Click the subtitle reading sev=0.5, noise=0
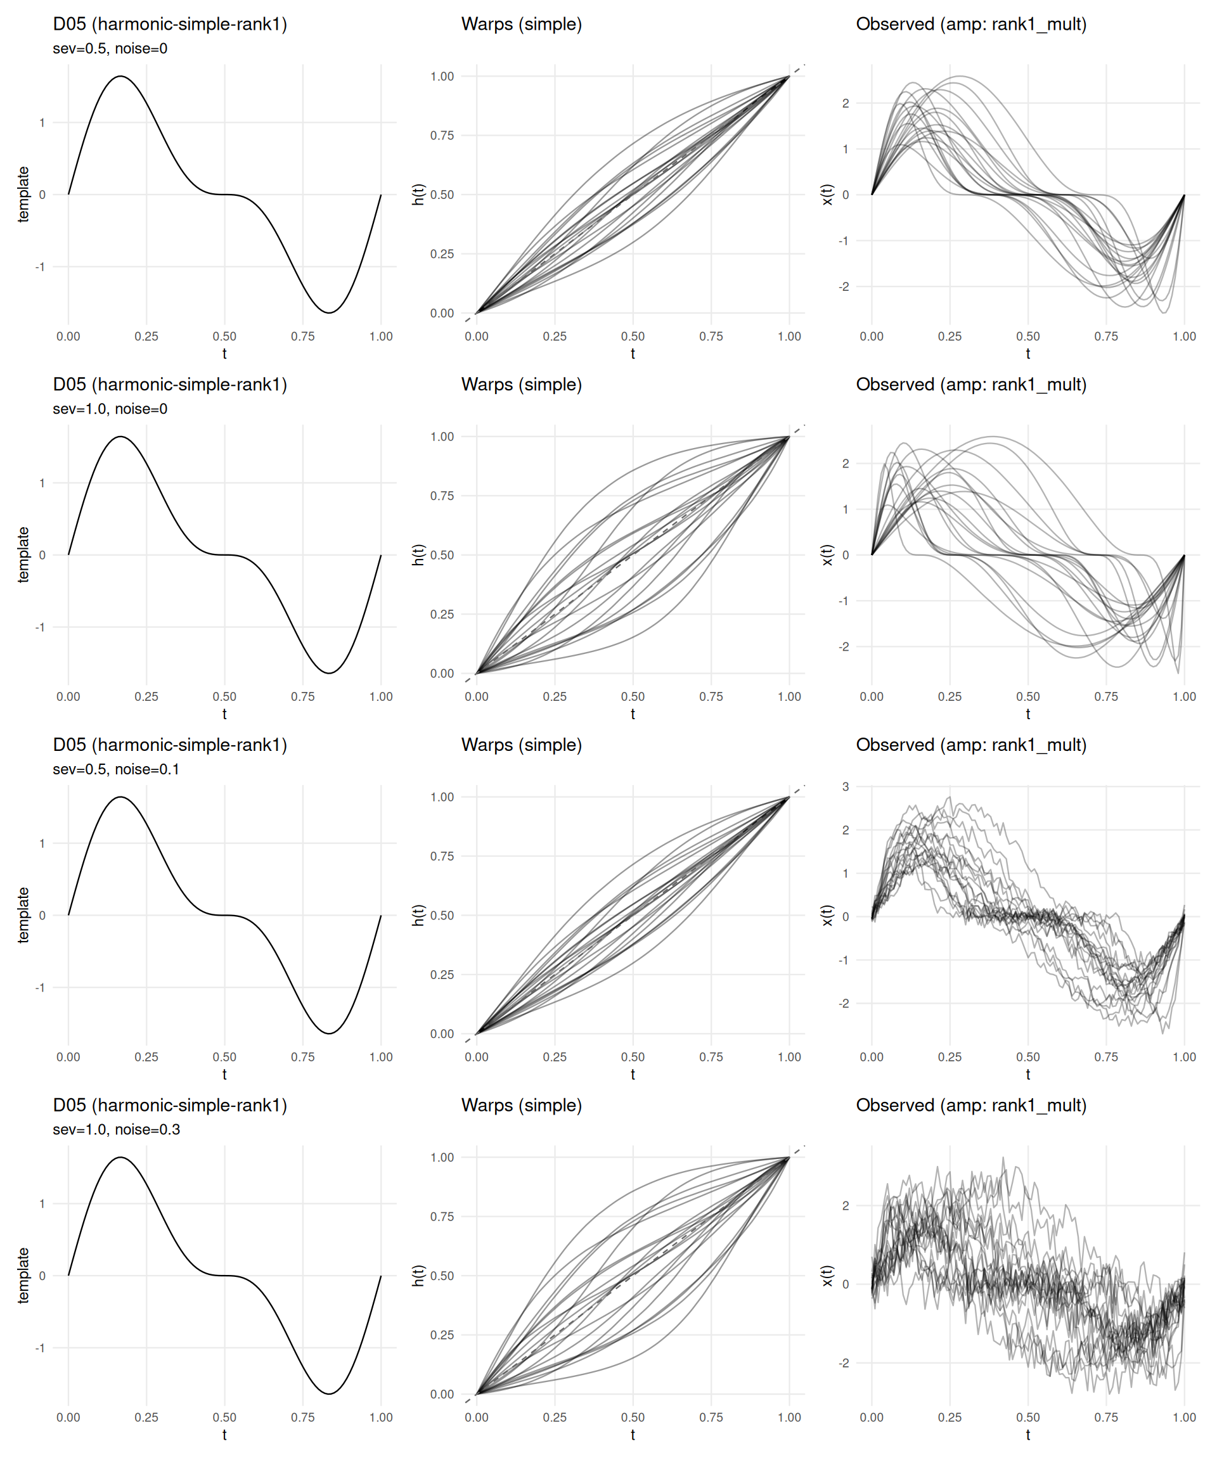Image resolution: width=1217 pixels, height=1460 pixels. coord(110,49)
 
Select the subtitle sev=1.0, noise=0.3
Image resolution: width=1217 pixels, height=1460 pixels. coord(116,1130)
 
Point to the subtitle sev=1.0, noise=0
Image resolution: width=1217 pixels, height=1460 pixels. coord(110,409)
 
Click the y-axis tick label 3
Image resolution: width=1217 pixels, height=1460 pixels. coord(845,786)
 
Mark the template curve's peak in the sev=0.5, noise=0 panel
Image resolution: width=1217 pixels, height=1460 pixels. coord(120,77)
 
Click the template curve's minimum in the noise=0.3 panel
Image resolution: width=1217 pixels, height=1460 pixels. coord(329,1393)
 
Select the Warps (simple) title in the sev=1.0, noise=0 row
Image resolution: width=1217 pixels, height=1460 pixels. coord(521,385)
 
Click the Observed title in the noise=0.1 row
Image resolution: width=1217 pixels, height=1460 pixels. coord(971,745)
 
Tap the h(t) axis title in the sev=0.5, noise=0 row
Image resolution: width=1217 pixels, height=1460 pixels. coord(418,195)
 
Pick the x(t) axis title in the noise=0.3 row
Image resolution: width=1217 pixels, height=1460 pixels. coord(826,1276)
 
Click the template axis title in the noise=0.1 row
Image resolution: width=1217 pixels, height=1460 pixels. coord(23,915)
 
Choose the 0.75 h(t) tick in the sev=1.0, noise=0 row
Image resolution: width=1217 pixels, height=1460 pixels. coord(442,496)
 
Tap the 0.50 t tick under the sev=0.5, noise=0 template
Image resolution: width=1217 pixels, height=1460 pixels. coord(224,336)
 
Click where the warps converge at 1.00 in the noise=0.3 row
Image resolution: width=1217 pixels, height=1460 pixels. coord(789,1158)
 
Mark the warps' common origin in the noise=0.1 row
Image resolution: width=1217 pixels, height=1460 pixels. coord(477,1033)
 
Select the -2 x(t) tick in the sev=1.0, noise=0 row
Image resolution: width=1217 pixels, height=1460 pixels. coord(844,646)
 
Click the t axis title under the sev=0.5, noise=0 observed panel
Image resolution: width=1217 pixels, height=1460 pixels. coord(1028,353)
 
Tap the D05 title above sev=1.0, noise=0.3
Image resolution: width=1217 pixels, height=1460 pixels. coord(170,1105)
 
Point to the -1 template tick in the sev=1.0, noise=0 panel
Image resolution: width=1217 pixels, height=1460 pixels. coord(41,627)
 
